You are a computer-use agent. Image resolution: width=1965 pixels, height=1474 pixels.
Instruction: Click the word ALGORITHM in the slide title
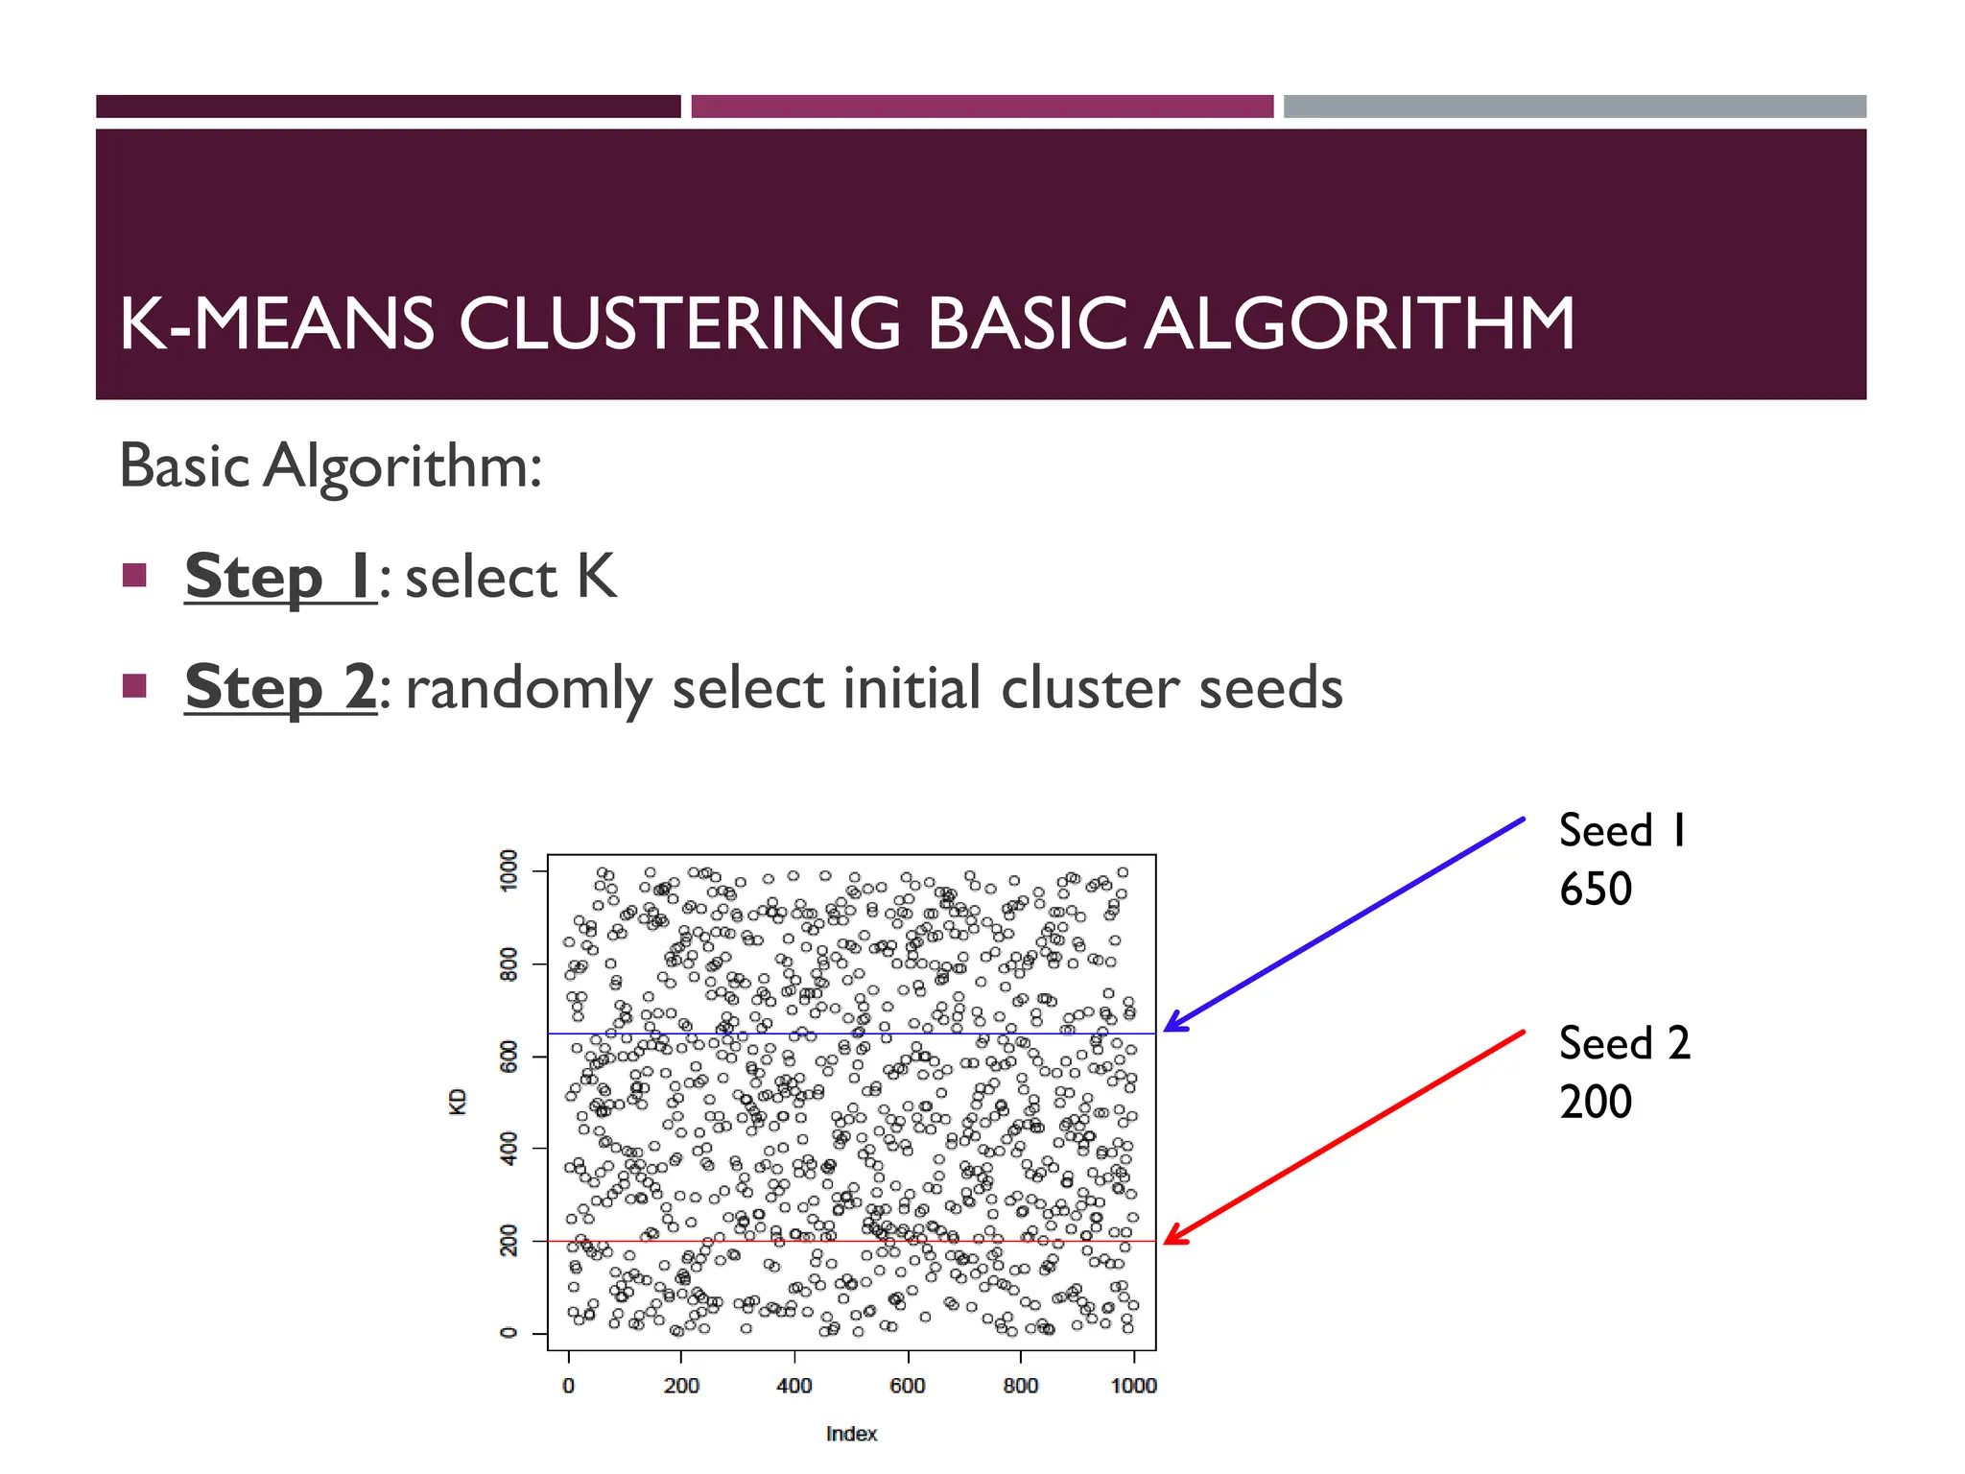[1360, 323]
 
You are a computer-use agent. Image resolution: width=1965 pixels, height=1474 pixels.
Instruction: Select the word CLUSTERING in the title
[679, 323]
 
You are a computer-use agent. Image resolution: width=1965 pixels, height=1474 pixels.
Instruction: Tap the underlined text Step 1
[279, 577]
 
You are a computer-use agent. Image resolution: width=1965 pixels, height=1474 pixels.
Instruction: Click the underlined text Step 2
[280, 687]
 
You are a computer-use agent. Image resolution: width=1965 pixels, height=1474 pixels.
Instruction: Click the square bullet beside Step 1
[134, 576]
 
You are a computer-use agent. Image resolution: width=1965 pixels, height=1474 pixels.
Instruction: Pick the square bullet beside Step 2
[134, 686]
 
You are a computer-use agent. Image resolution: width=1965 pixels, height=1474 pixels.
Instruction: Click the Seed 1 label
[1622, 831]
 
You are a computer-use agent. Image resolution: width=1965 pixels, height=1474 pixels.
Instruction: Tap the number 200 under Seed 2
[1595, 1102]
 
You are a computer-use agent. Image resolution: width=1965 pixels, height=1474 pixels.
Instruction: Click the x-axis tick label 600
[907, 1386]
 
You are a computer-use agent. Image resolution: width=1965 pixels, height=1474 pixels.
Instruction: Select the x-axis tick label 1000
[1133, 1386]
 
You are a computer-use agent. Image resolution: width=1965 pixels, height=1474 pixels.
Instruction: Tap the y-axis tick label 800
[509, 963]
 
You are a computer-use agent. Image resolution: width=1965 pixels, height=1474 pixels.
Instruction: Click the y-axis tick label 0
[509, 1333]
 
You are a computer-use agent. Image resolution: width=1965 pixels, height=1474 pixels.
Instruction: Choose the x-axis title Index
[851, 1434]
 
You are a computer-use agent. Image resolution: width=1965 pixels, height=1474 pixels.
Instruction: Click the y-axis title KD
[458, 1101]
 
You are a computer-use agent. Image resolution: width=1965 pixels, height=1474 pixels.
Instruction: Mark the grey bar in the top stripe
[1574, 107]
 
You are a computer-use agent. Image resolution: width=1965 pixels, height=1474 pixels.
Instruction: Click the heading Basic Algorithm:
[331, 466]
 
